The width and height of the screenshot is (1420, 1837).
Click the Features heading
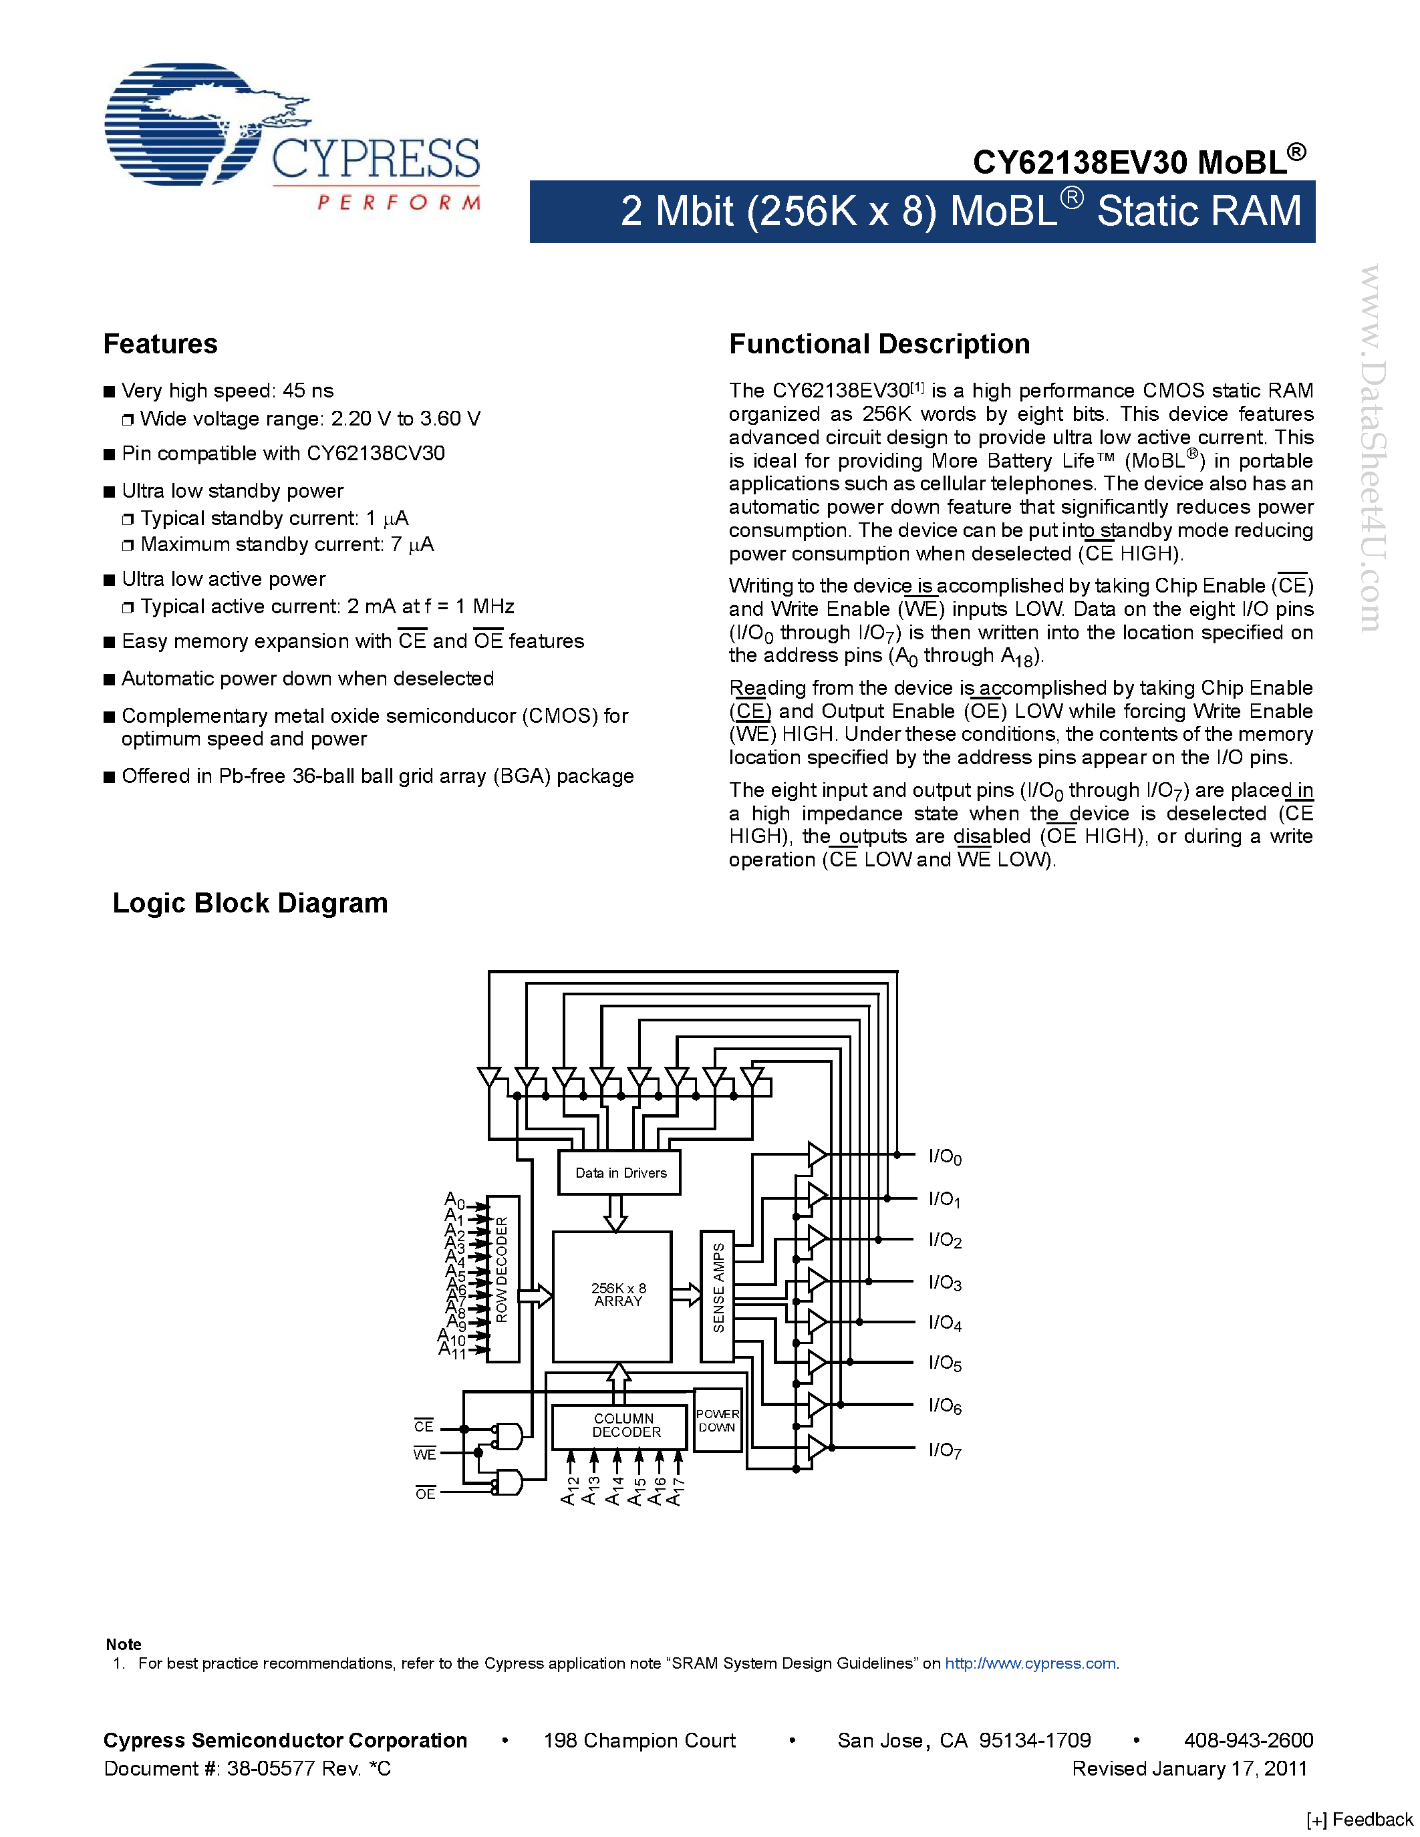pos(160,344)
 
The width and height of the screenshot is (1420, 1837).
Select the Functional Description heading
pos(879,344)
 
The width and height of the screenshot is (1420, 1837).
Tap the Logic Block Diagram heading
pos(250,902)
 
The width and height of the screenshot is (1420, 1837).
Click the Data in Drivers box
pos(620,1172)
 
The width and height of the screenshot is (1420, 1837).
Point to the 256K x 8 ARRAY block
pos(611,1296)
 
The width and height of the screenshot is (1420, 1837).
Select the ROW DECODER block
pos(503,1278)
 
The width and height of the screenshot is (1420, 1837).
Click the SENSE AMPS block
pos(718,1295)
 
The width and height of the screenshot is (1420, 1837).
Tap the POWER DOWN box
pos(718,1419)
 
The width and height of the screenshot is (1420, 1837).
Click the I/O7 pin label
pos(945,1450)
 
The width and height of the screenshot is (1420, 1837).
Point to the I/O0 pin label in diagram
pos(945,1158)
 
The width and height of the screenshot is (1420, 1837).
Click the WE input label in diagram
pos(425,1454)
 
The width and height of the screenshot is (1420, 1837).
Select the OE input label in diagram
pos(426,1493)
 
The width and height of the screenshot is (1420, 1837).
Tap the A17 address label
pos(675,1491)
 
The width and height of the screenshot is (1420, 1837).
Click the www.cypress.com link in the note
pos(1030,1663)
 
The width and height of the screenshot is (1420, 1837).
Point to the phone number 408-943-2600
pos(1248,1740)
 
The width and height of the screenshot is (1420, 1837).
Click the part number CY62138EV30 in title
pos(1081,162)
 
